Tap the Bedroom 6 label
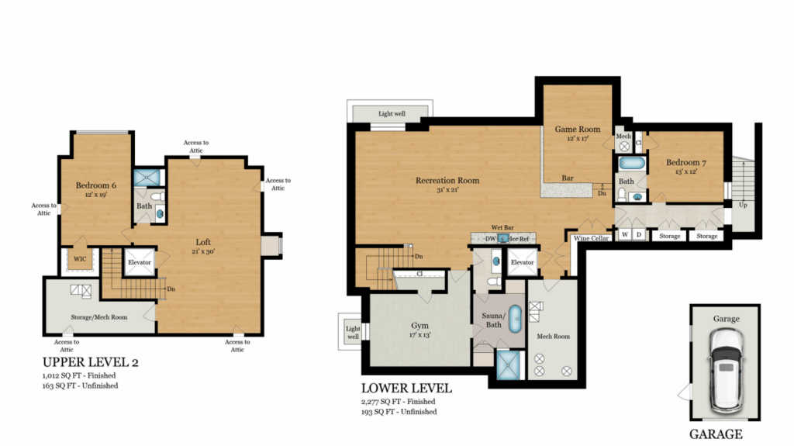(x=95, y=185)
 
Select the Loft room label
(x=203, y=242)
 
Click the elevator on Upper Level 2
(x=140, y=262)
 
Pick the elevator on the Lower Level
(x=522, y=262)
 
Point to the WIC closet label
(x=80, y=259)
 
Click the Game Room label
(x=577, y=130)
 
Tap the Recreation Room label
(x=447, y=181)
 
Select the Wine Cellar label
(x=591, y=238)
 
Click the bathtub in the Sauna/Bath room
(x=515, y=319)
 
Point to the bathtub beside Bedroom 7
(x=632, y=163)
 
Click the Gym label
(x=419, y=325)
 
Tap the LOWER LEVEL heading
(x=406, y=389)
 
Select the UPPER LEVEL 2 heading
(x=90, y=362)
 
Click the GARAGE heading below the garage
(x=716, y=434)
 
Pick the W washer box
(x=625, y=235)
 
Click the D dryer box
(x=639, y=235)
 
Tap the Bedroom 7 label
(x=685, y=163)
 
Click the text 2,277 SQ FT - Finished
(x=398, y=402)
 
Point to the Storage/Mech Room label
(x=98, y=317)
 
